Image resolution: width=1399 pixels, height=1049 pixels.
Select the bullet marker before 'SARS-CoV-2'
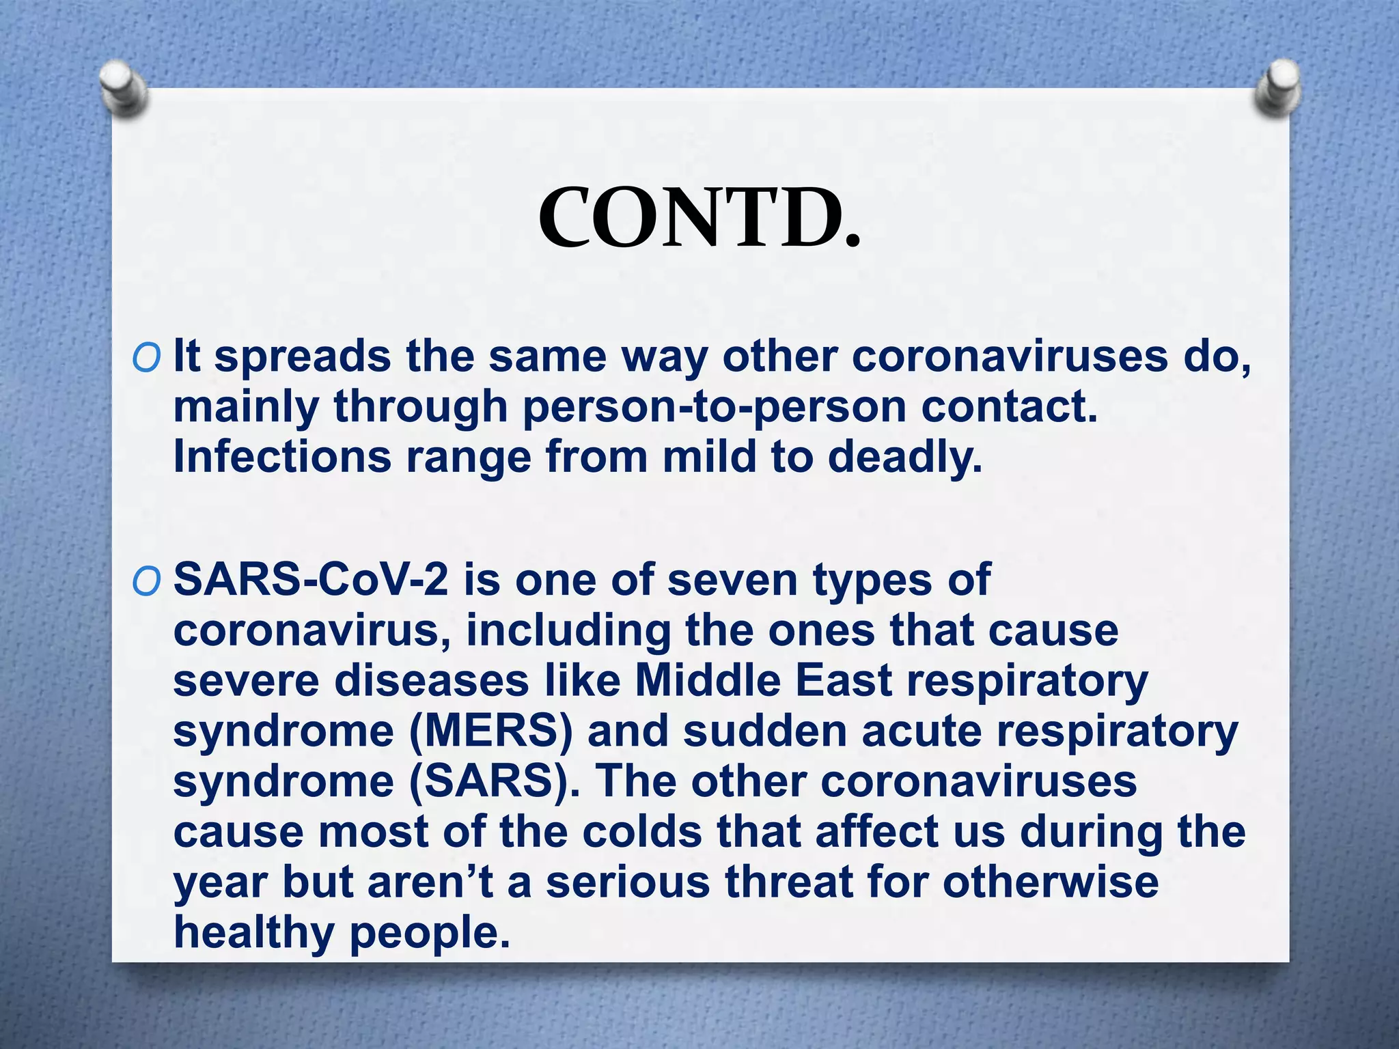click(147, 581)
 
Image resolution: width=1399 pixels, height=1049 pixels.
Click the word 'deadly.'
click(904, 458)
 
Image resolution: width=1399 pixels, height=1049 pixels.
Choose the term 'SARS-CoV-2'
click(311, 580)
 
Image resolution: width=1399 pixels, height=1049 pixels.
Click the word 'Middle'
click(708, 680)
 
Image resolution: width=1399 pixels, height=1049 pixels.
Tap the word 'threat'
click(788, 881)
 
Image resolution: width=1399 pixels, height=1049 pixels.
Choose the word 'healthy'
click(253, 933)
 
